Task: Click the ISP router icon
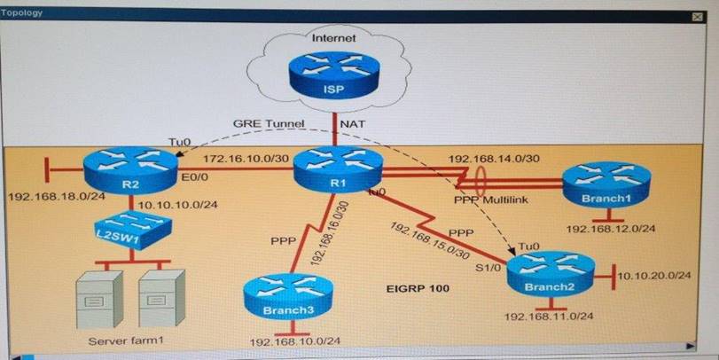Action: click(335, 78)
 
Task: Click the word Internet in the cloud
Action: click(333, 38)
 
